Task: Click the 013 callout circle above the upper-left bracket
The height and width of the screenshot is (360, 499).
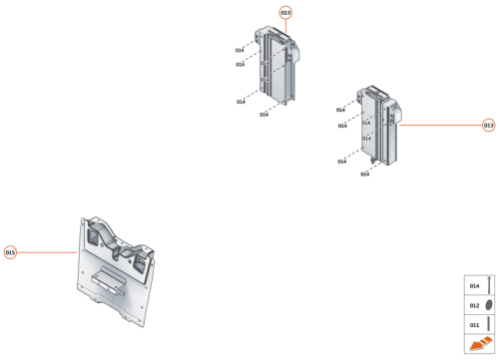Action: (286, 11)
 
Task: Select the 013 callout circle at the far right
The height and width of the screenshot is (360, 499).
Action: (489, 125)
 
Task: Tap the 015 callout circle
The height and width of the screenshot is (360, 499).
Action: (11, 252)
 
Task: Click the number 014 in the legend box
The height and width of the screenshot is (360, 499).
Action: (474, 286)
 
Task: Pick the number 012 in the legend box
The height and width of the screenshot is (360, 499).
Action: (474, 305)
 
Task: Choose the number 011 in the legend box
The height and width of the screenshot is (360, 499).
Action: (474, 324)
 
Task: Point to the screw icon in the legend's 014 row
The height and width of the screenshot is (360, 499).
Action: (490, 286)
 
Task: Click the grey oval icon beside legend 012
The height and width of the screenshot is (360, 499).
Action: (490, 305)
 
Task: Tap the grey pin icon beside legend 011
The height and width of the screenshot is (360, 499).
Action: (490, 324)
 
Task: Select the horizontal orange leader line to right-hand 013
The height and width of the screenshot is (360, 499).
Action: (439, 125)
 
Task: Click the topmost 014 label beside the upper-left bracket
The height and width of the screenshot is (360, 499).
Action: (240, 50)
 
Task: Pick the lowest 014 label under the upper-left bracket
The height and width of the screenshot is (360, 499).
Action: (264, 115)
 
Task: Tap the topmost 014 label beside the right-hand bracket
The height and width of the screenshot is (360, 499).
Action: (340, 110)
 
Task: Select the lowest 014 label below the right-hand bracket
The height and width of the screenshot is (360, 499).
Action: (365, 175)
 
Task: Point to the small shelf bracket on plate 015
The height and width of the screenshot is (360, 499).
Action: (109, 278)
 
